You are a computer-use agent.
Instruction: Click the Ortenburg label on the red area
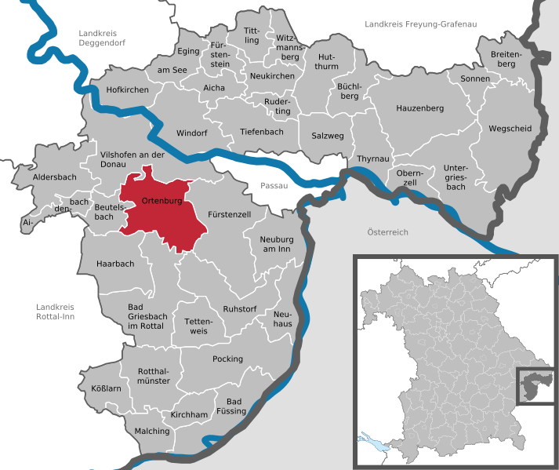162,202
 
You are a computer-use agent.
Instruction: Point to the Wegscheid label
510,128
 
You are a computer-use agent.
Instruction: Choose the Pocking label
227,359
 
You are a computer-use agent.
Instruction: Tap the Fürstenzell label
229,214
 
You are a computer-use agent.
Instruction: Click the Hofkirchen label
127,90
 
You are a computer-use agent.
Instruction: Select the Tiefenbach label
262,132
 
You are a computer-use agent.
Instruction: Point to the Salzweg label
327,136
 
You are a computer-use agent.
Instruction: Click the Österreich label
387,232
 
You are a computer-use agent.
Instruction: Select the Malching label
152,431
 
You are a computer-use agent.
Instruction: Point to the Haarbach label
115,264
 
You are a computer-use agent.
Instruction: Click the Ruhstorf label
240,308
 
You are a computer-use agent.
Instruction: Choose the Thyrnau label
373,158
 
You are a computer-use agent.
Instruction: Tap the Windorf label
192,133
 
